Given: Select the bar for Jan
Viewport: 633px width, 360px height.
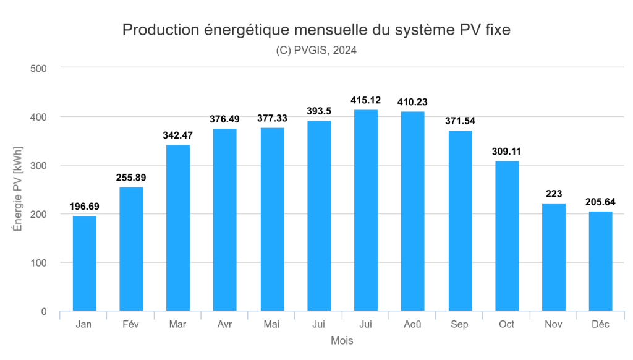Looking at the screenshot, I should pos(84,263).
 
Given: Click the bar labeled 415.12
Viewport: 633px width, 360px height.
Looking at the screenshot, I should pos(366,210).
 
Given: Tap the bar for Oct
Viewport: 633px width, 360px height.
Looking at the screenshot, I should pos(507,236).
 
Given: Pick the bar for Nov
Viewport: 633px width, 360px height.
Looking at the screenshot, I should pos(554,257).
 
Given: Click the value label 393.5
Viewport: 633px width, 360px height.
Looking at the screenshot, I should pos(319,111).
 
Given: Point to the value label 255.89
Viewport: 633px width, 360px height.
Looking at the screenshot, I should pos(131,178).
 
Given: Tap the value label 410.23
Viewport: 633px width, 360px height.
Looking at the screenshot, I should pos(413,102).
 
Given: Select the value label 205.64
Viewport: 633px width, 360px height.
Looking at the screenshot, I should pos(600,202).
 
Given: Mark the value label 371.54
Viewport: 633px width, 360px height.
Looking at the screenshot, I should pos(460,121).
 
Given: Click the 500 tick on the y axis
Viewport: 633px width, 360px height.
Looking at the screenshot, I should pos(39,68).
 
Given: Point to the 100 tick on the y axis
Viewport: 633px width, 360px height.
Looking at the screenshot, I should pos(39,263).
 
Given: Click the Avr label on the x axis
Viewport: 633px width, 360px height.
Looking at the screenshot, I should pos(225,325).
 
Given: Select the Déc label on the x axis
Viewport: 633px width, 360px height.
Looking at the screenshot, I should pos(600,325).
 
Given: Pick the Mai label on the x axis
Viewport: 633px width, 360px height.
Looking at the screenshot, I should pos(272,325).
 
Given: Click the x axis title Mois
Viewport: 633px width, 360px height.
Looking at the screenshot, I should pos(342,341).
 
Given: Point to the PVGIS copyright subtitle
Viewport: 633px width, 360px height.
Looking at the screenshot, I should pos(316,51).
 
